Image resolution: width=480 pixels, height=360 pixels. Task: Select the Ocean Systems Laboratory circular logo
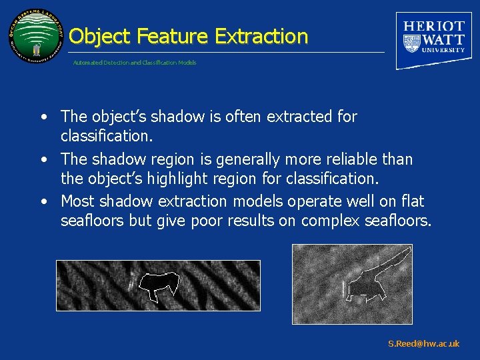point(37,37)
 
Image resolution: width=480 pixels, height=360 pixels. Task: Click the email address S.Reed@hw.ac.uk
point(423,344)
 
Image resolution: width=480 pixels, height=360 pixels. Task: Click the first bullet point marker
point(43,117)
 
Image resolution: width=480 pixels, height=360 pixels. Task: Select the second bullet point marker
point(43,160)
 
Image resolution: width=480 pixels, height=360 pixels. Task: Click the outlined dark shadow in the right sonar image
point(363,285)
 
